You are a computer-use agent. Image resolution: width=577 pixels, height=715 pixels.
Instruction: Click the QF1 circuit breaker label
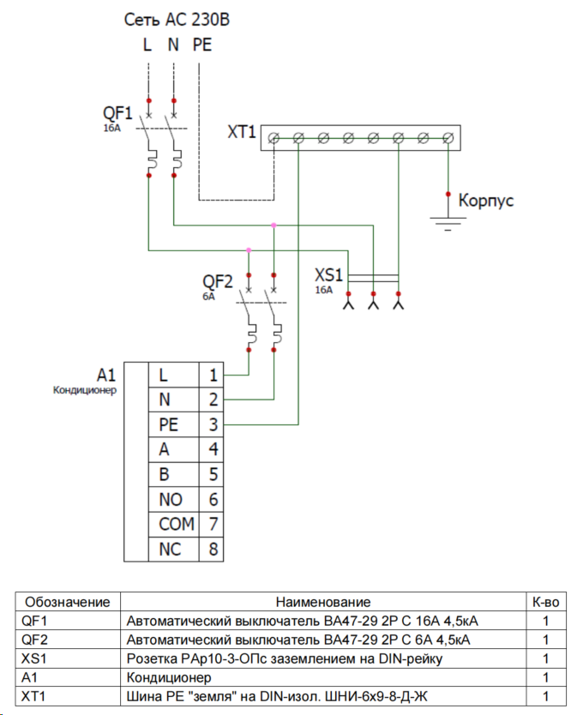coord(117,113)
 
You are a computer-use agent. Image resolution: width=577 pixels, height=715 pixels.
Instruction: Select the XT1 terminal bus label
coord(242,132)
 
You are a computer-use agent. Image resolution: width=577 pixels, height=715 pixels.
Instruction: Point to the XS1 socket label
coord(329,276)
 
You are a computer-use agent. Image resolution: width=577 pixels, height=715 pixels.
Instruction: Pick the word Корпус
coord(486,201)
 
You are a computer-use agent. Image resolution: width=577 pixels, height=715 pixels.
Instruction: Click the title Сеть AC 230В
coord(177,19)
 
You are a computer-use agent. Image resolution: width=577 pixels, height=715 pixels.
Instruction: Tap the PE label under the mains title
coord(201,45)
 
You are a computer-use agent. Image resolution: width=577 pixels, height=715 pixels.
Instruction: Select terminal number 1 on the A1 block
coord(213,375)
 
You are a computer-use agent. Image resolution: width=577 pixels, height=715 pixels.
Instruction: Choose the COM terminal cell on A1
coord(176,524)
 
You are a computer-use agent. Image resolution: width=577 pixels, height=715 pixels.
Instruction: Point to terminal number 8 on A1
coord(213,549)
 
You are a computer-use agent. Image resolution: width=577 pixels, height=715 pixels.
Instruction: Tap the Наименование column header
coord(322,602)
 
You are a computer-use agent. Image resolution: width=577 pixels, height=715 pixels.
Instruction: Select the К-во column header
coord(545,602)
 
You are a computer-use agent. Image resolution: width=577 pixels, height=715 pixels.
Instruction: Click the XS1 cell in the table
coord(38,658)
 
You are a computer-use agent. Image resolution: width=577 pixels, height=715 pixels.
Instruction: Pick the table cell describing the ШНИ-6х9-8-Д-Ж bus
coord(322,695)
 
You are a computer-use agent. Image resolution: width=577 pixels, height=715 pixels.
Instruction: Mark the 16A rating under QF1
coord(113,127)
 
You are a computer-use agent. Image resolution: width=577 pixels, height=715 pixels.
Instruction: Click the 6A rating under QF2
coord(208,296)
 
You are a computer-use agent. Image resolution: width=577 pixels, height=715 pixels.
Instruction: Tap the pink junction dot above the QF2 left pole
coord(249,249)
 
